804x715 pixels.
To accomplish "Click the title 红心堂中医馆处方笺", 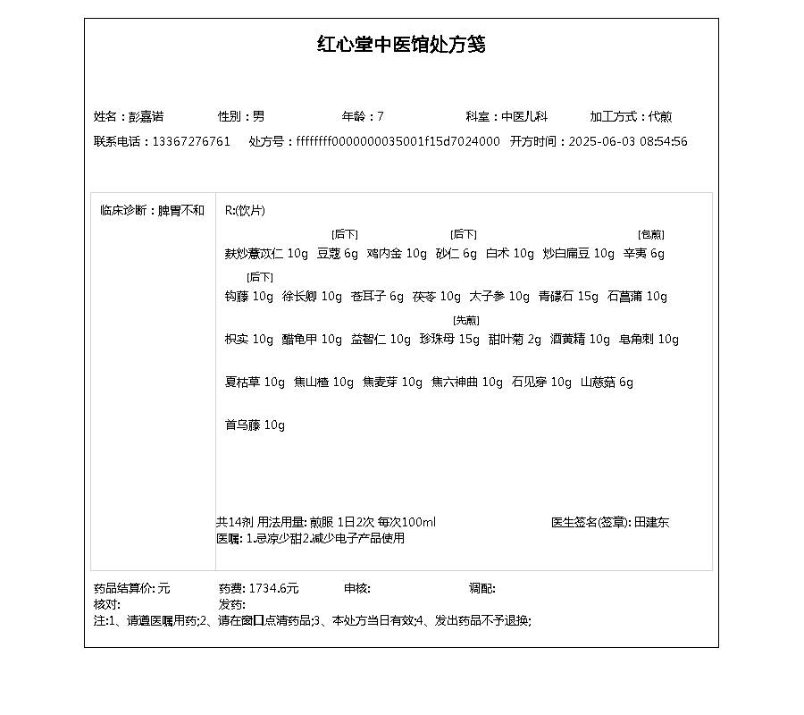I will (x=401, y=45).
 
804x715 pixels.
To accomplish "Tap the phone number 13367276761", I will (x=191, y=142).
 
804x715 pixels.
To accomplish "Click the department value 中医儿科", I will (x=523, y=117).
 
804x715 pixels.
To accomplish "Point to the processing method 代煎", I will (x=660, y=117).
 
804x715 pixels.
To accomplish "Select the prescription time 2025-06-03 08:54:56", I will (x=628, y=142).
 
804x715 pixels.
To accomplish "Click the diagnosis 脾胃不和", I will (x=181, y=211).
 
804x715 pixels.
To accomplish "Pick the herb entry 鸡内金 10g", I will (x=397, y=254).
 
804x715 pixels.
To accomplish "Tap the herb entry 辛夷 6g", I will (x=644, y=254).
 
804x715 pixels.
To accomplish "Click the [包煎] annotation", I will (x=650, y=235).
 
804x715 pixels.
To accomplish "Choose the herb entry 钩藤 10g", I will (x=249, y=297).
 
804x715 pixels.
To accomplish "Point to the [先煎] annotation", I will (x=465, y=321).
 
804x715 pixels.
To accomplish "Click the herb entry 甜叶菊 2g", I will (x=515, y=340).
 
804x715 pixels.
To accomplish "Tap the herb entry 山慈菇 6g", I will (x=607, y=383).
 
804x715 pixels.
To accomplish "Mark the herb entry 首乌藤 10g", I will (x=255, y=425).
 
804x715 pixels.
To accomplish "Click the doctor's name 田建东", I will (x=651, y=523).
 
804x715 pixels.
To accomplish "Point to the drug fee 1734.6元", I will (x=273, y=589).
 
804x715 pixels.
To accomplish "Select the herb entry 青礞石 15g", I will (x=568, y=297).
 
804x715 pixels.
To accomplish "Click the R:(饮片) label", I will (x=245, y=211).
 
